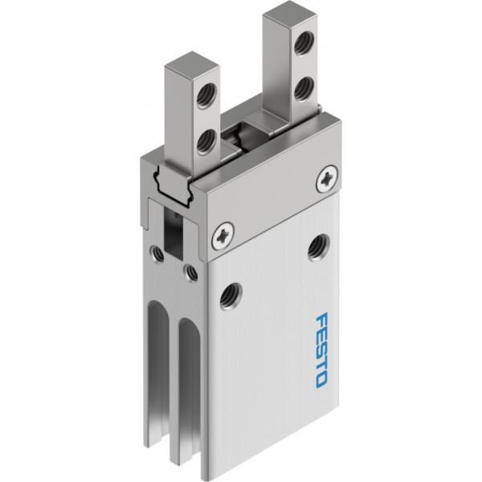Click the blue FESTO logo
[x=321, y=349]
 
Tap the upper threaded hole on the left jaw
[x=206, y=96]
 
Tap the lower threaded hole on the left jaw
[x=206, y=141]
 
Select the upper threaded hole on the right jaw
[x=304, y=42]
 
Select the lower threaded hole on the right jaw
[x=304, y=88]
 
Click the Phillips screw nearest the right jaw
[x=327, y=179]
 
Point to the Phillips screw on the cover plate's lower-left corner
[x=223, y=235]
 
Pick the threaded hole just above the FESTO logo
[x=319, y=247]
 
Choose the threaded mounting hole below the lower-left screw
[x=231, y=296]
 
